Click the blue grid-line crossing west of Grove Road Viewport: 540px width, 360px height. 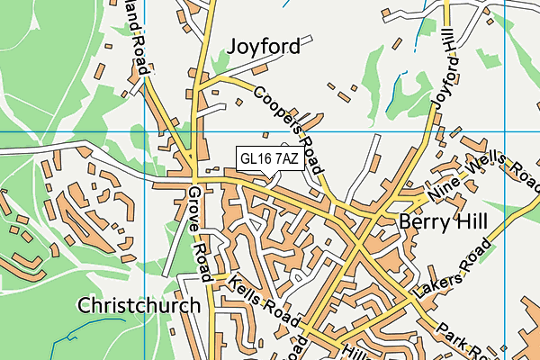pyautogui.click(x=144, y=132)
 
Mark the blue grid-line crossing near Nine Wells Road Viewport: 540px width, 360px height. pyautogui.click(x=505, y=132)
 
